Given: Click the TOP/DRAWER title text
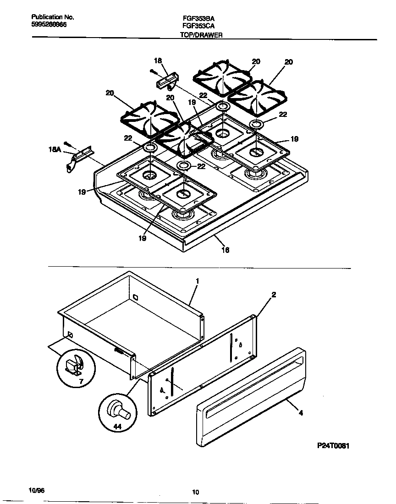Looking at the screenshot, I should [x=201, y=35].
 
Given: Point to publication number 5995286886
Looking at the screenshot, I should [x=49, y=25].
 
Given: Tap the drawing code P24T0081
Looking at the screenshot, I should [x=336, y=445].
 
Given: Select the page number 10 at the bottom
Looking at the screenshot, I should [x=196, y=493].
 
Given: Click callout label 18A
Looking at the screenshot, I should [x=54, y=149].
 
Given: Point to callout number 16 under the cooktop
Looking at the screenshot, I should [x=225, y=250].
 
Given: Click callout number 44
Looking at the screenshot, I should [x=117, y=427].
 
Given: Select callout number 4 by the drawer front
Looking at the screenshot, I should [x=301, y=413].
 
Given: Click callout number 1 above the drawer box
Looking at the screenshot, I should [x=197, y=280].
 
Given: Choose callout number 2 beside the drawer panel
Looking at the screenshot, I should [x=274, y=295].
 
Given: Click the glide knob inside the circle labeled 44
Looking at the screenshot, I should [x=118, y=409].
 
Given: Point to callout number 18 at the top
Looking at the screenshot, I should [x=158, y=60].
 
